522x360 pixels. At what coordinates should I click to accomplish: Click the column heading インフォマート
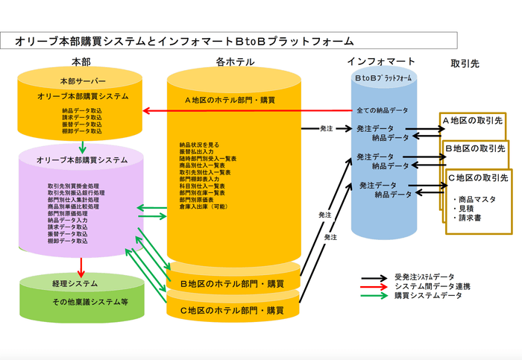pyautogui.click(x=381, y=61)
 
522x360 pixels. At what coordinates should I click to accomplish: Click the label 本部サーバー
pyautogui.click(x=83, y=80)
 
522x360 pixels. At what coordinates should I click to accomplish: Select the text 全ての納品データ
pyautogui.click(x=383, y=110)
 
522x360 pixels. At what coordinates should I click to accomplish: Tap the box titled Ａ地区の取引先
pyautogui.click(x=474, y=121)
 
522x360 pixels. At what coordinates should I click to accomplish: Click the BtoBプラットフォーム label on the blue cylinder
pyautogui.click(x=383, y=78)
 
